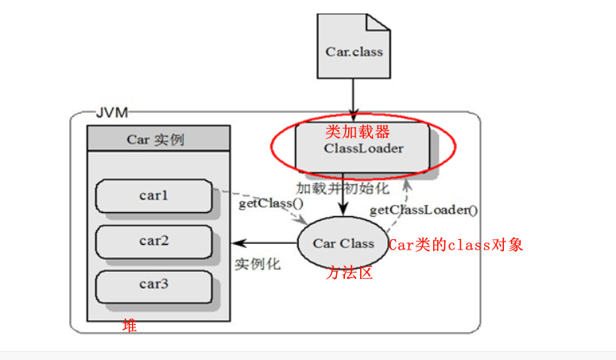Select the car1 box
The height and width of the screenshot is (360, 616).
point(154,195)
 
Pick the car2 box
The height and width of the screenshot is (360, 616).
point(154,240)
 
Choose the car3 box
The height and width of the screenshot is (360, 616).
point(154,285)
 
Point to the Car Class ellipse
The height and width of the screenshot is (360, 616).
point(343,243)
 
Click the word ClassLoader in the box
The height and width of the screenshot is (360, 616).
point(363,148)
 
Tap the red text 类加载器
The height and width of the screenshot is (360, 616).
point(358,130)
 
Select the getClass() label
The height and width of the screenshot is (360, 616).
point(271,203)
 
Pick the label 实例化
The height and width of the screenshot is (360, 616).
point(258,264)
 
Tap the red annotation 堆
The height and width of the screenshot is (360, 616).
point(129,325)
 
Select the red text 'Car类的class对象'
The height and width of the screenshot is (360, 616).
point(455,245)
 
